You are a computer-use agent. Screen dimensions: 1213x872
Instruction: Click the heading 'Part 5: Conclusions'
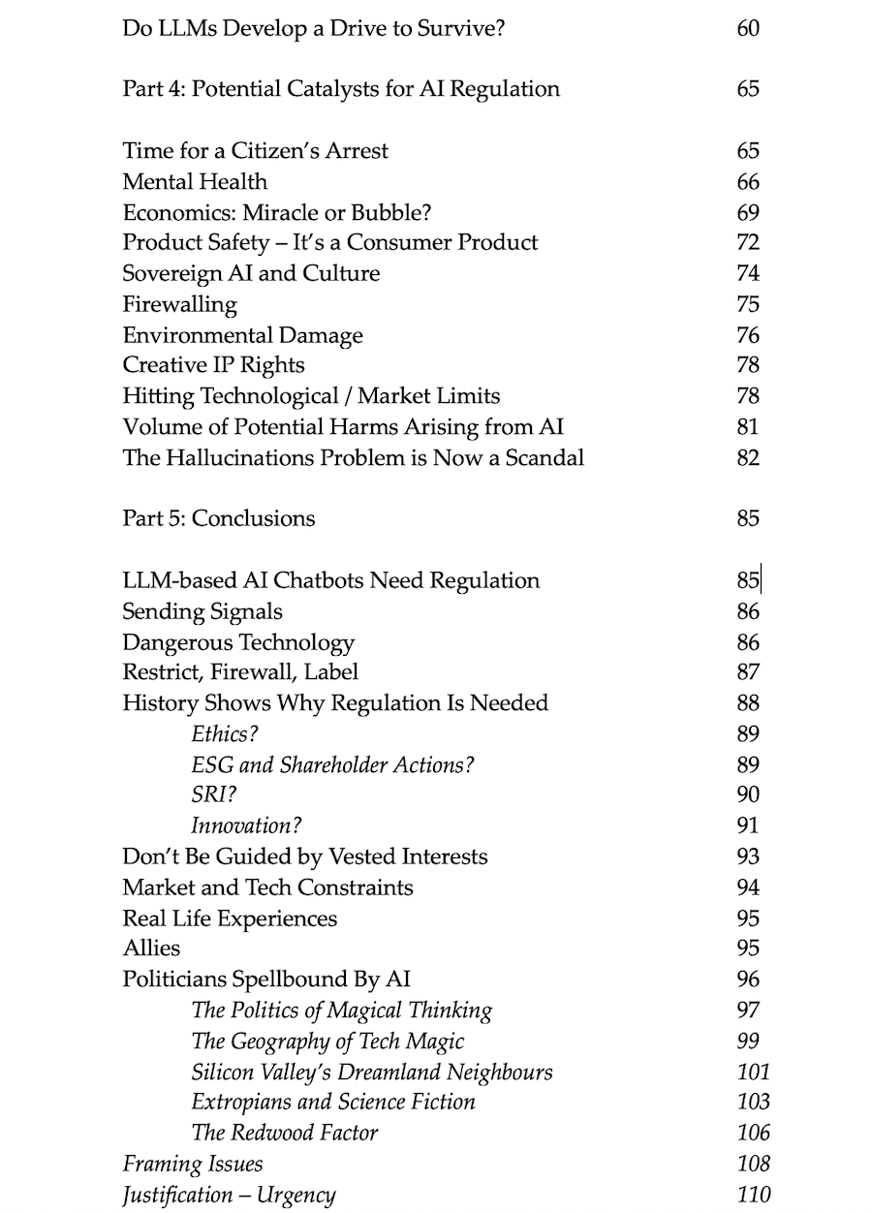pos(218,519)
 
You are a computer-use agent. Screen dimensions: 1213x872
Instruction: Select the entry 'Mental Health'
pos(195,182)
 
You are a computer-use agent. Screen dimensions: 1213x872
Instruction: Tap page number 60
pos(748,28)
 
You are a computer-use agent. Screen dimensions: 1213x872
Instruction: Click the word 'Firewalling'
pos(179,305)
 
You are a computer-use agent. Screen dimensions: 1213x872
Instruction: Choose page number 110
pos(754,1195)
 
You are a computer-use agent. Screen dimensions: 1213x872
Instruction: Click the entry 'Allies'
pos(151,949)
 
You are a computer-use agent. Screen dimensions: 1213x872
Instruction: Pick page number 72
pos(748,243)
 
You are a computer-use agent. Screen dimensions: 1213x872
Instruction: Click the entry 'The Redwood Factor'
pos(285,1133)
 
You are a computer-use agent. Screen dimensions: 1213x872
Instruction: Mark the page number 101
pos(754,1072)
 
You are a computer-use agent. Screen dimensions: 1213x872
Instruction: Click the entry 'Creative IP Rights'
pos(213,365)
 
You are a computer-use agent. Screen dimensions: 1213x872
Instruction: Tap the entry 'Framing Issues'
pos(193,1164)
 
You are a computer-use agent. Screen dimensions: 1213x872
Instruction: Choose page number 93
pos(748,857)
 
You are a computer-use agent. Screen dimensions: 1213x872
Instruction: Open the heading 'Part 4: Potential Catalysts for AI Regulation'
pos(341,90)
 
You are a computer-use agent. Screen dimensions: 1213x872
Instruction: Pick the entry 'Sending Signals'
pos(202,612)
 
